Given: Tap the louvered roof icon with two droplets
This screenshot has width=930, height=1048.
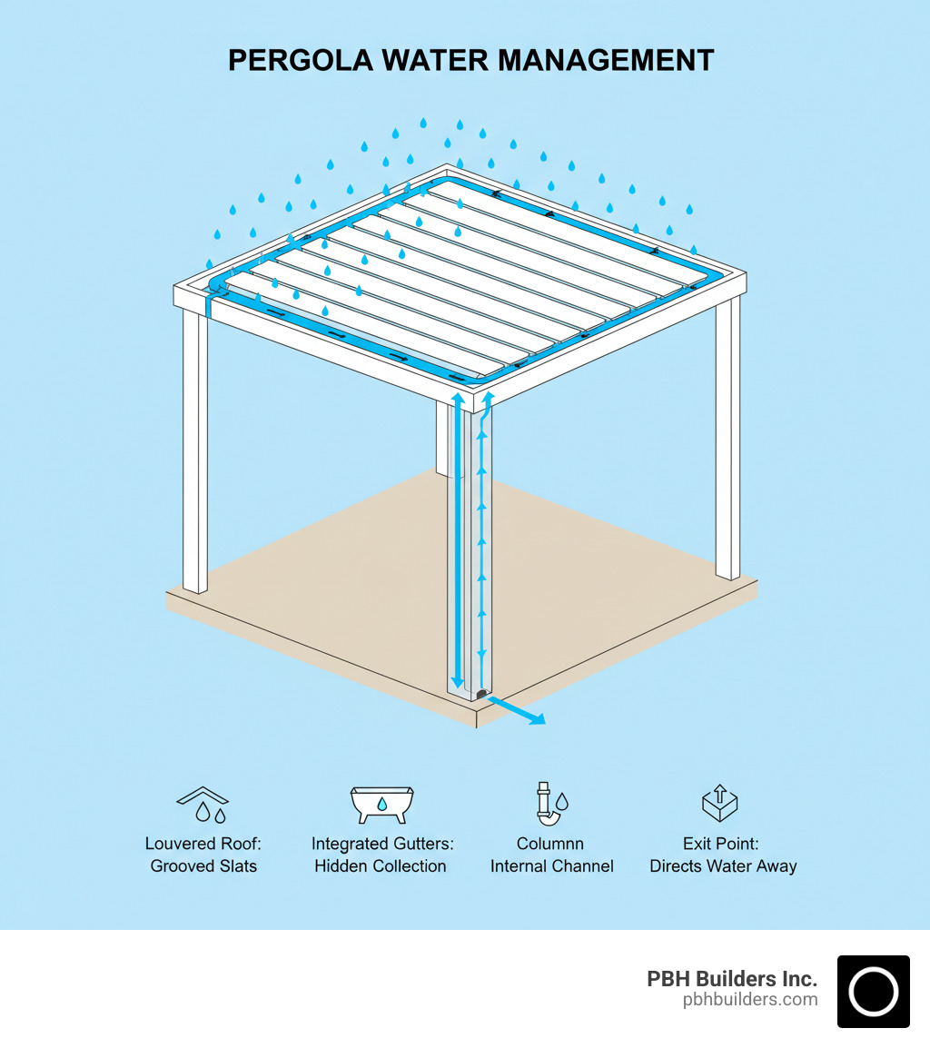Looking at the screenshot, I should point(203,804).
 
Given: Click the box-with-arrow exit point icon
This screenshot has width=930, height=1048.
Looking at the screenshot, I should point(720,802).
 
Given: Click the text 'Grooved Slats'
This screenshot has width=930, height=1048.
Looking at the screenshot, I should point(203,865).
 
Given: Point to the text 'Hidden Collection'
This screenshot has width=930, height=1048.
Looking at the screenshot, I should point(381,865).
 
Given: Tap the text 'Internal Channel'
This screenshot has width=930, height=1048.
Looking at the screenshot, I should point(551,865).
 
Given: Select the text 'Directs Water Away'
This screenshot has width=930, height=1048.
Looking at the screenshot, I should point(723,865).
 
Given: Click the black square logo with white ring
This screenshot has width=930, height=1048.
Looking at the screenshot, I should point(873,991).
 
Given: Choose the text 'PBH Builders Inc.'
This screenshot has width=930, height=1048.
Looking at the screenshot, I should point(731,979).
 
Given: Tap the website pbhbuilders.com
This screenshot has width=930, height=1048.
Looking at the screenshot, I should point(749,1000).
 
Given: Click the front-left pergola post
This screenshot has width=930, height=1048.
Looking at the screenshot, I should point(195,454).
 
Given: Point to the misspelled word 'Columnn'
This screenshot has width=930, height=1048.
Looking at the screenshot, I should point(550,844).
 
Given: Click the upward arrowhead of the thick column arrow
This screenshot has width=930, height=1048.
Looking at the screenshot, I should point(458,399).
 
